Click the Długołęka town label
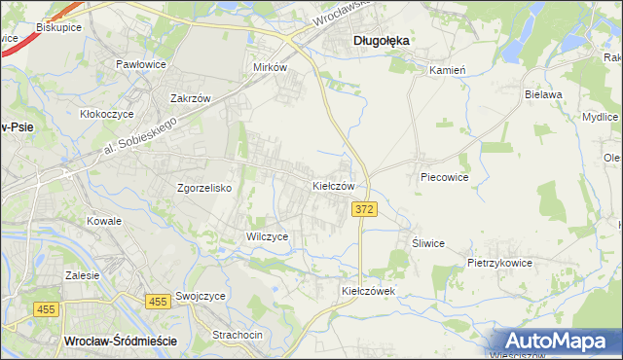pyautogui.click(x=380, y=41)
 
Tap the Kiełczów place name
pyautogui.click(x=339, y=185)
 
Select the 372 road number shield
pyautogui.click(x=364, y=210)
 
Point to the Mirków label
pyautogui.click(x=270, y=68)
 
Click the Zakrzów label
pyautogui.click(x=191, y=98)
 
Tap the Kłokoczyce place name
pyautogui.click(x=107, y=114)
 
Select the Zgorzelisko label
pyautogui.click(x=203, y=189)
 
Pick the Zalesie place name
pyautogui.click(x=83, y=275)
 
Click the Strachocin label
pyautogui.click(x=238, y=335)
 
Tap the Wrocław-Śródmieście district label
pyautogui.click(x=119, y=342)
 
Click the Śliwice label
pyautogui.click(x=427, y=243)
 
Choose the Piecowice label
pyautogui.click(x=445, y=178)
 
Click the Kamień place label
pyautogui.click(x=449, y=70)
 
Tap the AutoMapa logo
pyautogui.click(x=556, y=341)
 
